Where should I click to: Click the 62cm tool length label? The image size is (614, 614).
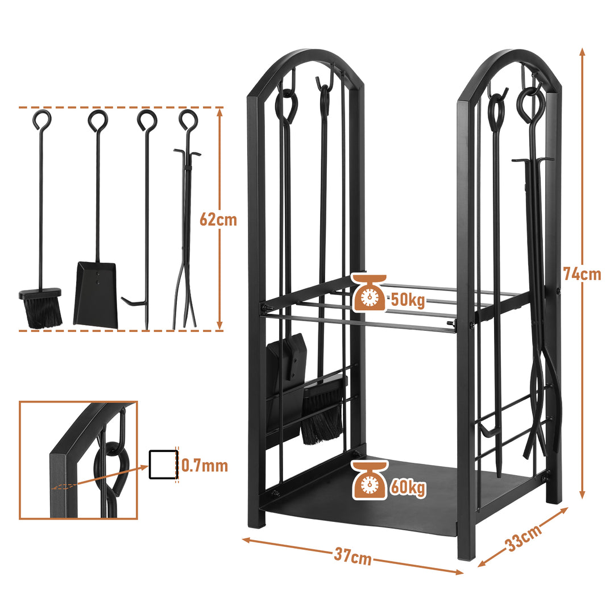[x=218, y=219]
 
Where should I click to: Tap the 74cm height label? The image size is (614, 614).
[x=582, y=273]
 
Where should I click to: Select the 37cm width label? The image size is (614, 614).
[x=353, y=557]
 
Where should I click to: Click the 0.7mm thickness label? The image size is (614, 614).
[x=205, y=466]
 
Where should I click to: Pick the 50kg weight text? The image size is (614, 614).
[x=408, y=300]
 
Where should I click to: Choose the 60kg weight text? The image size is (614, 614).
[x=408, y=488]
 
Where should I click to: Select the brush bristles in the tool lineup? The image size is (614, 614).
[x=42, y=313]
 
